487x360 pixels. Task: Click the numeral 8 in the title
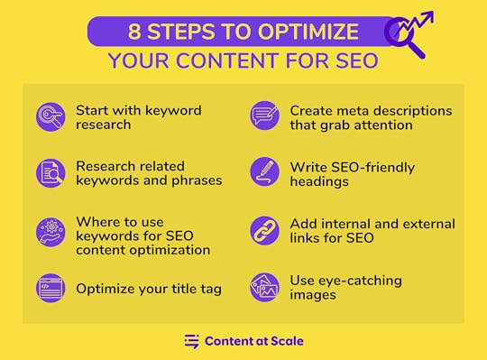(134, 32)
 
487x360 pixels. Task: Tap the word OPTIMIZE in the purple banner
(308, 32)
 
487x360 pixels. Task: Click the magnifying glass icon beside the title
(405, 37)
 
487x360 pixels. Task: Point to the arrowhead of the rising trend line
(428, 16)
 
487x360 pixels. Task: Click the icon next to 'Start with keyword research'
(51, 117)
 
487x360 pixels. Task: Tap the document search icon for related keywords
(51, 173)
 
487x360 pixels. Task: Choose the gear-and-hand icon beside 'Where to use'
(51, 232)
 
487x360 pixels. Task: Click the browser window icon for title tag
(51, 288)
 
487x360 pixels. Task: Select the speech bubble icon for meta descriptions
(264, 115)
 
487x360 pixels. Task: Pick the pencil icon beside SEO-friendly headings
(264, 171)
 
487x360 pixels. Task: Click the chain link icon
(264, 231)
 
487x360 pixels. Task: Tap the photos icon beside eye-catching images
(264, 287)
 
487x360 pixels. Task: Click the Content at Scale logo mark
(191, 341)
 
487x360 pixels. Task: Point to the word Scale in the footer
(287, 341)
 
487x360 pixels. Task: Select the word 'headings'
(319, 181)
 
